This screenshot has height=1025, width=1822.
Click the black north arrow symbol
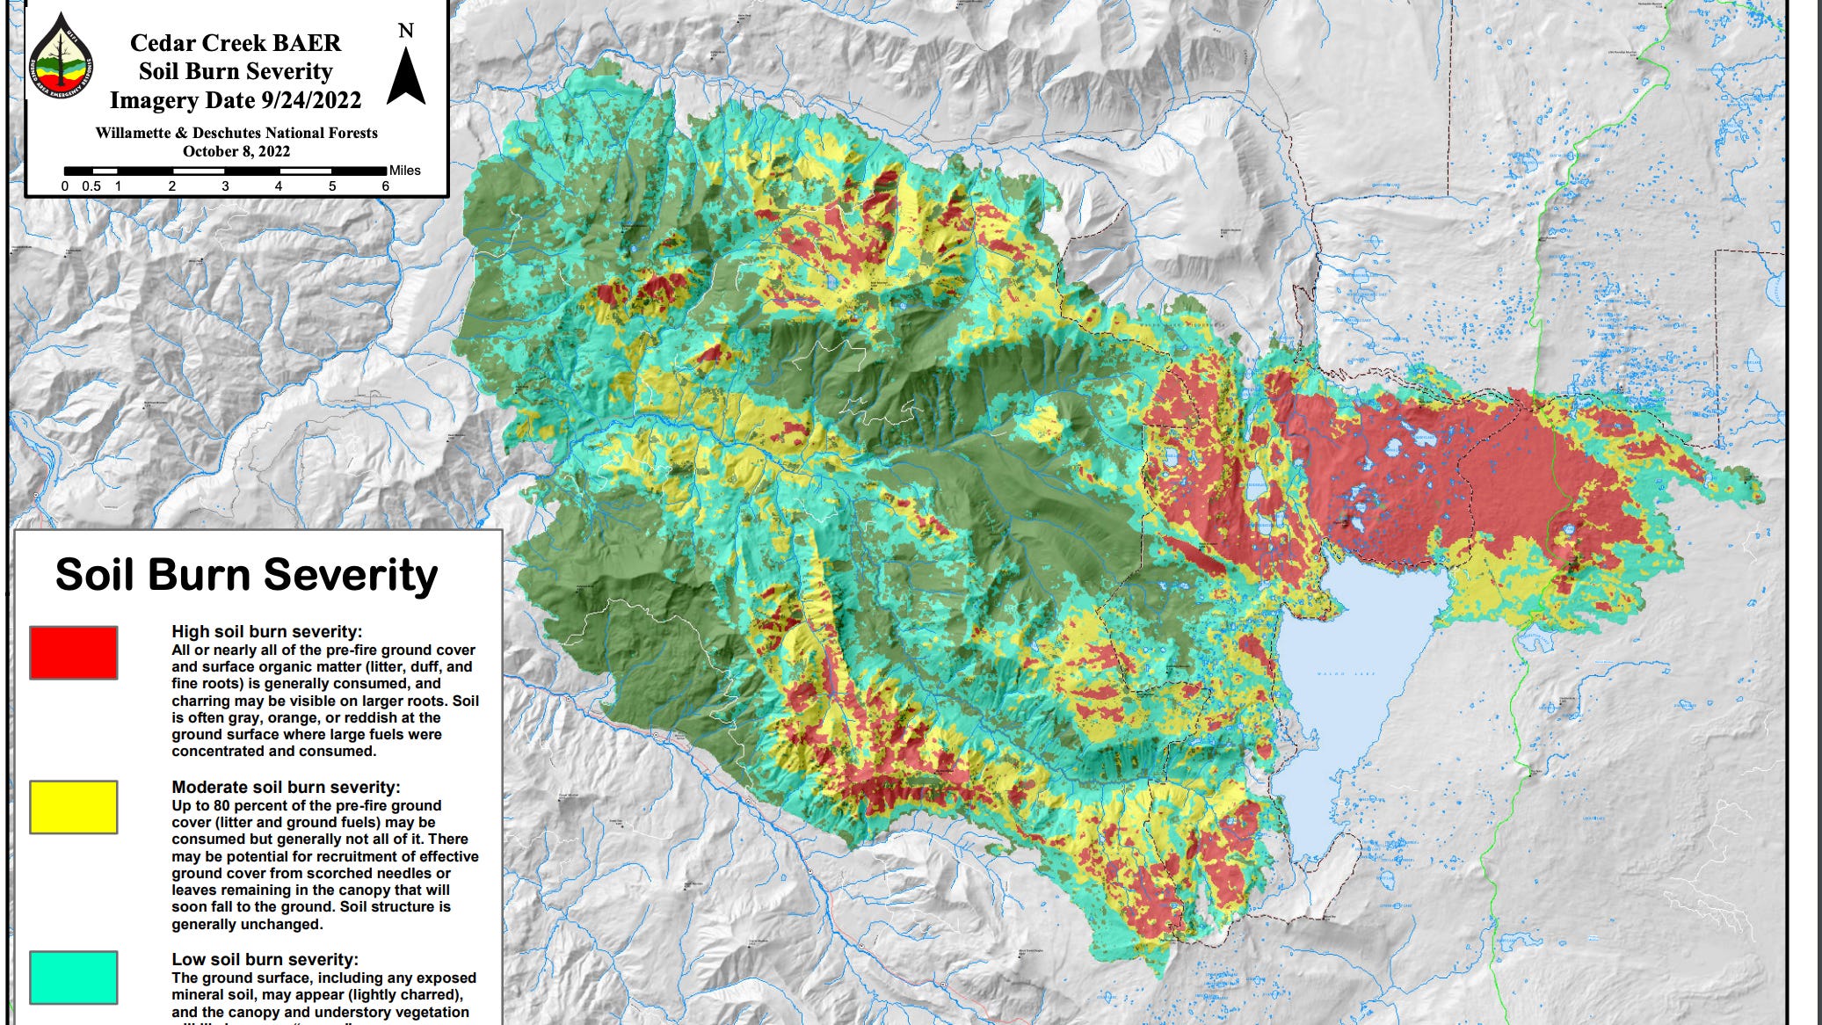[406, 77]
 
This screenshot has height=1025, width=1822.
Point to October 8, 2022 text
[236, 151]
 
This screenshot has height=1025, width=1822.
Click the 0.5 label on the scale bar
[91, 186]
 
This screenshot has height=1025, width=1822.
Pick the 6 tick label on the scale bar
[385, 186]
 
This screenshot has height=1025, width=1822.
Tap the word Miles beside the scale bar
[405, 171]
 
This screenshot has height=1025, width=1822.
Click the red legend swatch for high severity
[74, 652]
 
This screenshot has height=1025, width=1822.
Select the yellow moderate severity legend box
[74, 807]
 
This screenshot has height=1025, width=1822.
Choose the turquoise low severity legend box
[74, 977]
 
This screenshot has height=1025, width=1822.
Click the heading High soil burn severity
[266, 631]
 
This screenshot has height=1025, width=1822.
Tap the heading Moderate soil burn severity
[286, 787]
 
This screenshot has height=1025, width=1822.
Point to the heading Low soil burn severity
[265, 959]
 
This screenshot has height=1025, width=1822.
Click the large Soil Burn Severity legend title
[246, 575]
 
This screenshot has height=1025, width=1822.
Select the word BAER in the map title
[310, 43]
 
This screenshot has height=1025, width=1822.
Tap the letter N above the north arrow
[405, 31]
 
